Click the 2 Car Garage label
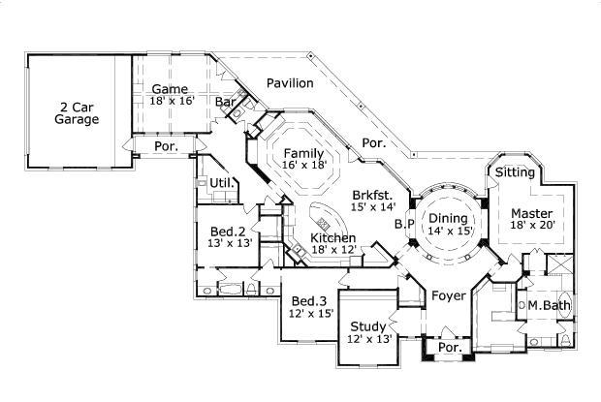(79, 113)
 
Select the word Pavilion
(290, 83)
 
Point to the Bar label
(227, 101)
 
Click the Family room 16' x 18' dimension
(303, 166)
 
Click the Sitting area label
(514, 171)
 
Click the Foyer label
(449, 295)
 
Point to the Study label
(368, 325)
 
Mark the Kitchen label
(332, 238)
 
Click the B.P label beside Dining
(404, 224)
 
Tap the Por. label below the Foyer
(448, 346)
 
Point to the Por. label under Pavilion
(374, 142)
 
